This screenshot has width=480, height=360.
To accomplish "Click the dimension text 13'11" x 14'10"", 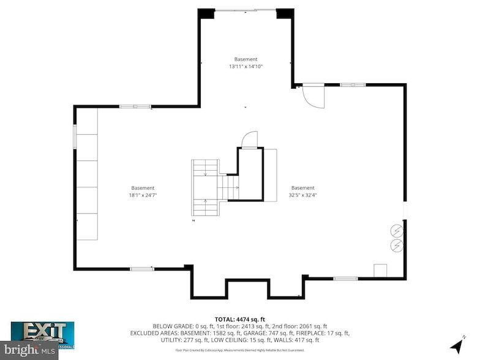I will click(x=246, y=66).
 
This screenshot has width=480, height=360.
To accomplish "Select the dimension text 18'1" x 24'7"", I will click(x=143, y=195).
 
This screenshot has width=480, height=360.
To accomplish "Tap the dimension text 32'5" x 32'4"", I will click(x=302, y=195).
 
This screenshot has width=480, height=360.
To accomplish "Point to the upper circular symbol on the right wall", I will click(x=397, y=231).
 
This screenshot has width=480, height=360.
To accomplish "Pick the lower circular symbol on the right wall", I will click(x=397, y=246).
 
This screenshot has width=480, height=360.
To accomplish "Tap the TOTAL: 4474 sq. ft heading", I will click(x=240, y=319).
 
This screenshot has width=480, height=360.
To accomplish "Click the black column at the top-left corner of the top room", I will click(x=206, y=13).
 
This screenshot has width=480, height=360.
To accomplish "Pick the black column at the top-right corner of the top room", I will click(x=284, y=13).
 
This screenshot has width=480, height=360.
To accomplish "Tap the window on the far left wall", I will click(x=75, y=135).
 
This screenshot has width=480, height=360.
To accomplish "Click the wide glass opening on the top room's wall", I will click(x=245, y=9).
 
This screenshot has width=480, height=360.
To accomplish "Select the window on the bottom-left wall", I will click(x=142, y=268).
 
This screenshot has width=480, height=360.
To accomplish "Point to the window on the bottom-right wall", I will click(x=345, y=279).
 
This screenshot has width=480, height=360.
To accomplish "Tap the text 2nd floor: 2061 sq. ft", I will click(x=304, y=326).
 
